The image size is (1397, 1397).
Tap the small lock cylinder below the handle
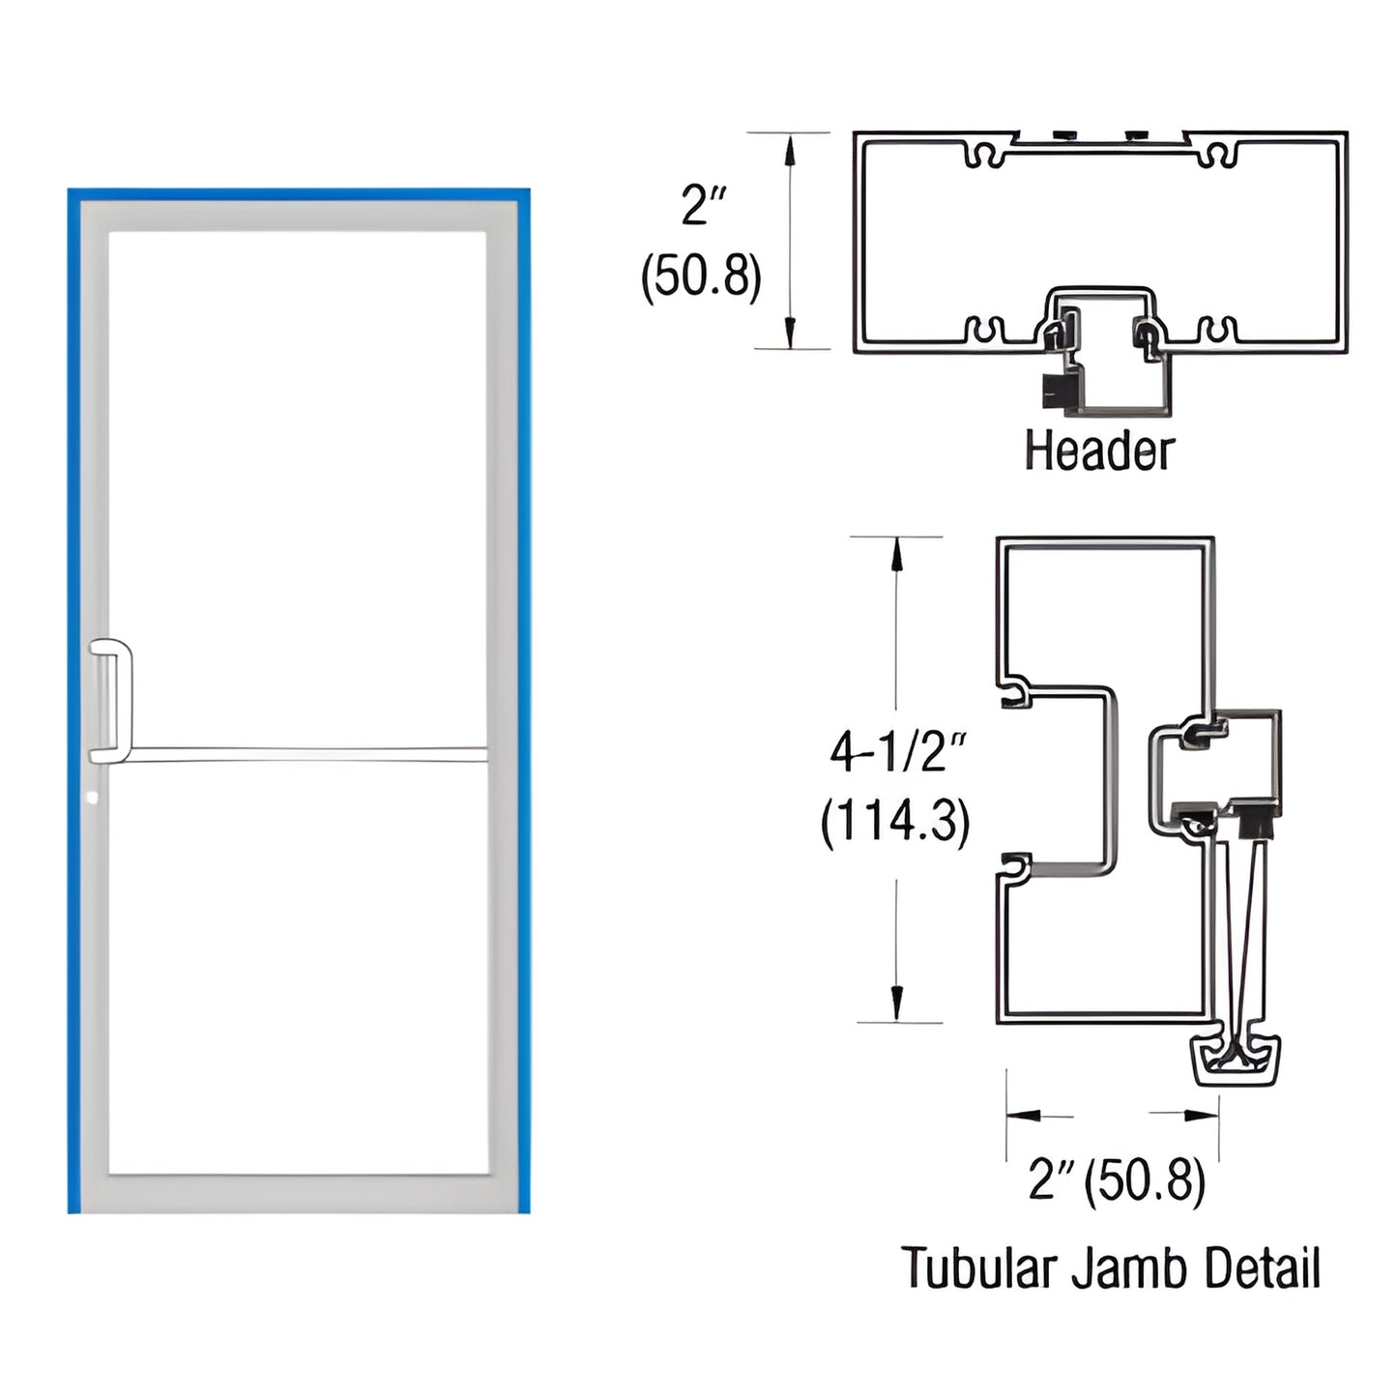point(92,799)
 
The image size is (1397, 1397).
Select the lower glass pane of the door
point(297,967)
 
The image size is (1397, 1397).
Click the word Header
point(1099,451)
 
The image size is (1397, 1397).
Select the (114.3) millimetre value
point(895,822)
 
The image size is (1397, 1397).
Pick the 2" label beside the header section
point(703,205)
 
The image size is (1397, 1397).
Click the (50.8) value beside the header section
point(702,276)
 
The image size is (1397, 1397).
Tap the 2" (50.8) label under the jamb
point(1117,1179)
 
